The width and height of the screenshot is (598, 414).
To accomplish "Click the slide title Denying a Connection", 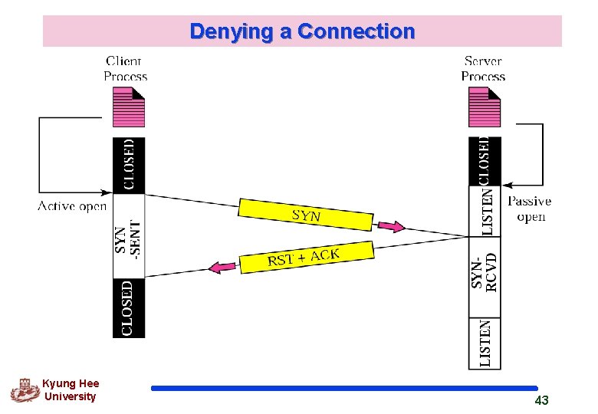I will tap(302, 31).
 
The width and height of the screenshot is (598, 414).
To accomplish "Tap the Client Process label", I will tap(126, 68).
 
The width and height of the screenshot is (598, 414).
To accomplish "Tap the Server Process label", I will tap(483, 68).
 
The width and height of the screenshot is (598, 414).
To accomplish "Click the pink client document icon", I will tap(128, 107).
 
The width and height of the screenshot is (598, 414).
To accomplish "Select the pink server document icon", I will tap(484, 107).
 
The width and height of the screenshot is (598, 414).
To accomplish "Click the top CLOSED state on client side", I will tap(128, 164).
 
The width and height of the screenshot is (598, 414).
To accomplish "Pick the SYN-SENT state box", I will tap(128, 235).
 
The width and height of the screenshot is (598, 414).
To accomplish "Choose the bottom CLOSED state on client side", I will tap(128, 307).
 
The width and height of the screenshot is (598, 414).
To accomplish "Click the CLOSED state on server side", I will tap(485, 161).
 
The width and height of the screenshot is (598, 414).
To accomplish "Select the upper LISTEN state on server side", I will tap(485, 211).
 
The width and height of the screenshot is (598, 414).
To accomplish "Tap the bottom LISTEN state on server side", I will tap(485, 343).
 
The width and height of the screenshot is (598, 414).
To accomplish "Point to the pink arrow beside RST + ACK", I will tap(223, 267).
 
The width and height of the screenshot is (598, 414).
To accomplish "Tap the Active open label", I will tap(72, 206).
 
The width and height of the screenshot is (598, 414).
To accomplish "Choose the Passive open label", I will tap(530, 209).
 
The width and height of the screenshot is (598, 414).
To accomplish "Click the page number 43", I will tap(541, 400).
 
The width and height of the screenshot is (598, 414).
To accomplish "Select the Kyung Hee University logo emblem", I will tap(25, 390).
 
